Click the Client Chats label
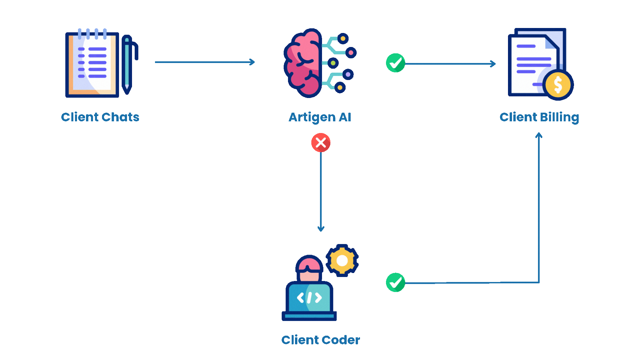(100, 117)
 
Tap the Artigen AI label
(320, 117)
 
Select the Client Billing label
(539, 117)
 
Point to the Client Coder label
(320, 340)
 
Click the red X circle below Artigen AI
(321, 143)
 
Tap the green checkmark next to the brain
(395, 63)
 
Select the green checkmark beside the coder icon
(395, 282)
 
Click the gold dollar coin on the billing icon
(558, 85)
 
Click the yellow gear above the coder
(342, 261)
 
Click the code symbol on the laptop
(309, 297)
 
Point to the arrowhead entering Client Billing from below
(539, 135)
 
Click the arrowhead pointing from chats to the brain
(252, 62)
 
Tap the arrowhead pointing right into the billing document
(493, 64)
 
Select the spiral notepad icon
(92, 64)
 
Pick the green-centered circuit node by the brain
(333, 63)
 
